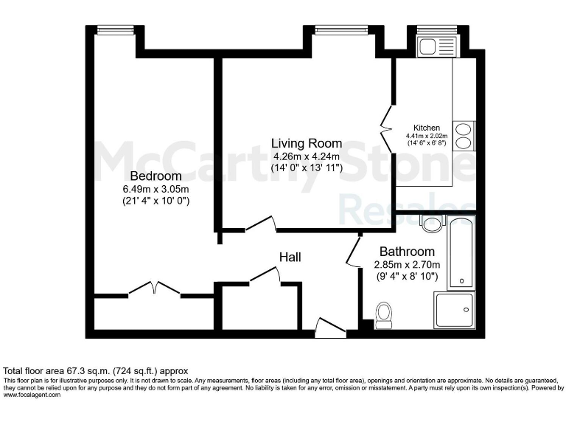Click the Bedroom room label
click(156, 176)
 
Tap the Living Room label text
click(306, 143)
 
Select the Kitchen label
click(427, 128)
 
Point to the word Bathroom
click(407, 252)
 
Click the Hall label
click(289, 257)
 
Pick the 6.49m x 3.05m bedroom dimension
click(156, 189)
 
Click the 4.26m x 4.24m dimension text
click(306, 156)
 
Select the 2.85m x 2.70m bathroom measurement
click(407, 265)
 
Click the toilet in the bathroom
click(383, 315)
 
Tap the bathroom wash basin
click(431, 222)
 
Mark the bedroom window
click(116, 30)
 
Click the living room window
click(336, 30)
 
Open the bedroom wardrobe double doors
click(154, 288)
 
